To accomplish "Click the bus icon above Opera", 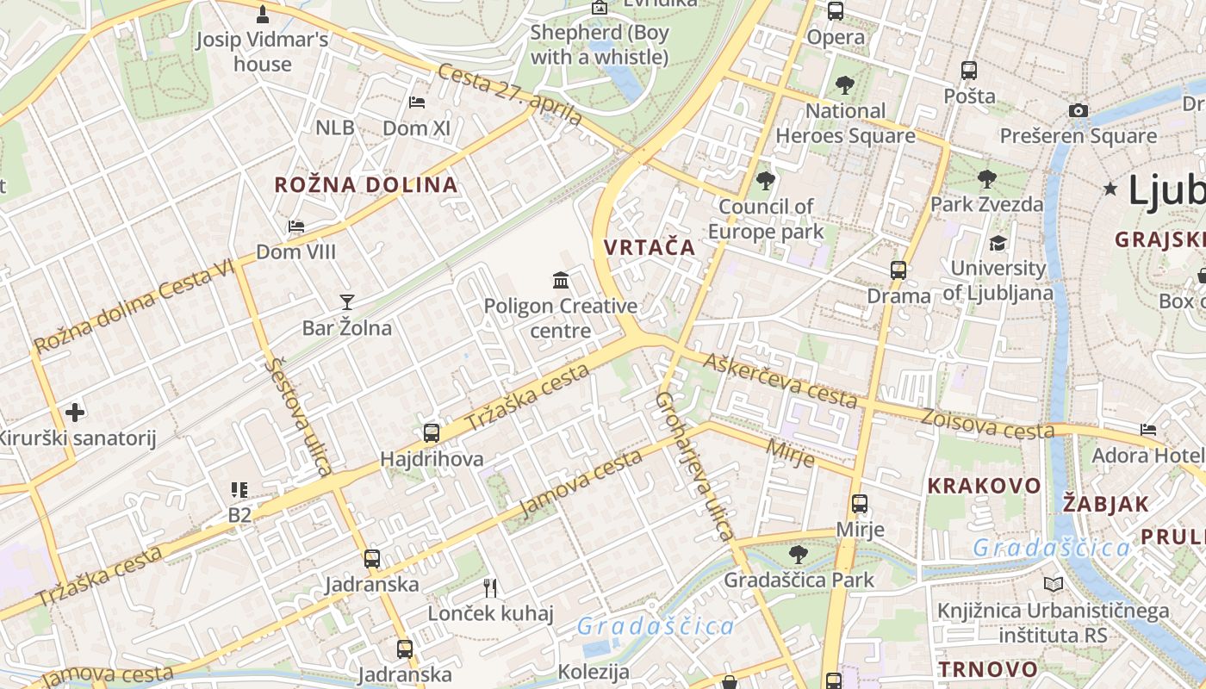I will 835,11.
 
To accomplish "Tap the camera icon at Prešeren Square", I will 1078,110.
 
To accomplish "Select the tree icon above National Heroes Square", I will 844,84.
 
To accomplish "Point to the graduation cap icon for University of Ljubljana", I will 998,243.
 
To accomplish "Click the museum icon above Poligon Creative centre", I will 561,280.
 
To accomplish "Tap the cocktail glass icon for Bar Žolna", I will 346,301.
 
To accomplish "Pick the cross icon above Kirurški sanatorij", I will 75,413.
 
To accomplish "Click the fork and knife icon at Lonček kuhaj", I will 490,588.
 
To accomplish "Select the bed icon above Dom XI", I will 417,102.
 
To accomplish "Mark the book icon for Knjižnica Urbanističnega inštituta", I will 1053,585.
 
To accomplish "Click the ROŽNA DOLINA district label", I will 365,184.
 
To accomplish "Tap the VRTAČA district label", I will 649,247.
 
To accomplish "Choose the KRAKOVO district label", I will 984,486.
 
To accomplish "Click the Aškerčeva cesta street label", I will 780,380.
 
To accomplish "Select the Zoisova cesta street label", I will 987,424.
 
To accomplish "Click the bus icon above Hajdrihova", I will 432,433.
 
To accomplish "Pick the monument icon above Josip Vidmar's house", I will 263,14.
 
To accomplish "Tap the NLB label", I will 334,128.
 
